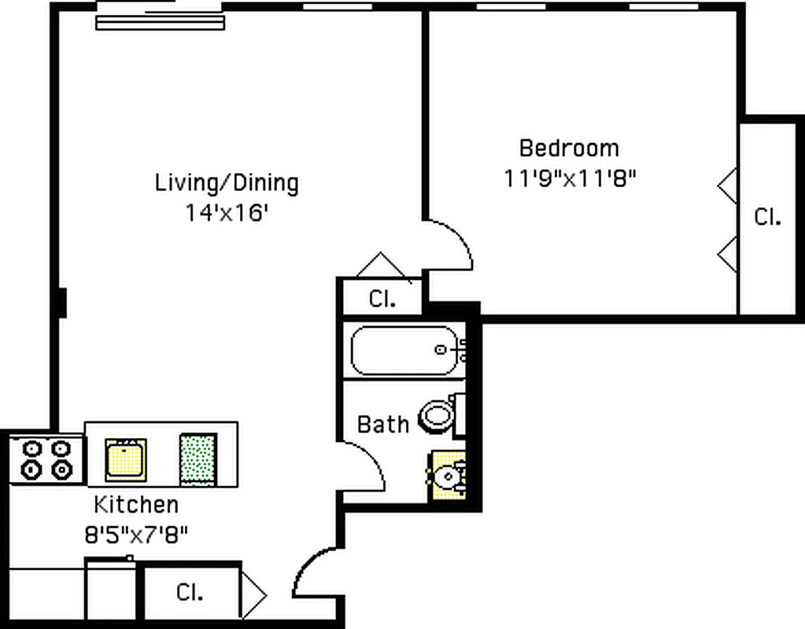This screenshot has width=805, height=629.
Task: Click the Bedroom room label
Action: pos(569,148)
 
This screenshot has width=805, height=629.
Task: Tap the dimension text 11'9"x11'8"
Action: pos(569,178)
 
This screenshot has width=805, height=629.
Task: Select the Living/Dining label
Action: pos(227,183)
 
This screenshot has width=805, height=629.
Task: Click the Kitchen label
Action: pos(136,504)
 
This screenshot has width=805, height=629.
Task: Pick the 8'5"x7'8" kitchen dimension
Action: pos(136,535)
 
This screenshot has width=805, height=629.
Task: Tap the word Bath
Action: pos(383,425)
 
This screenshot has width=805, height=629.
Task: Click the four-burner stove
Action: pos(46,460)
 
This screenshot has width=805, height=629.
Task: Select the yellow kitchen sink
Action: pos(126,459)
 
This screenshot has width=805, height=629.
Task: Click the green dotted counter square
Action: pos(197,459)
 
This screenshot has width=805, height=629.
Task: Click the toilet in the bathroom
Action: pos(438,415)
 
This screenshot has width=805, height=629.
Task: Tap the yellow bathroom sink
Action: pos(447,476)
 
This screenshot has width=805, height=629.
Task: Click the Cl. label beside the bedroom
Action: pos(767,217)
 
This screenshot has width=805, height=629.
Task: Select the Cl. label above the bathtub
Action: pos(382,299)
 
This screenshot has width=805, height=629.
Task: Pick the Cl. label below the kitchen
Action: pos(190,592)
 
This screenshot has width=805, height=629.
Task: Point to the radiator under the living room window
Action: pos(161,22)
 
